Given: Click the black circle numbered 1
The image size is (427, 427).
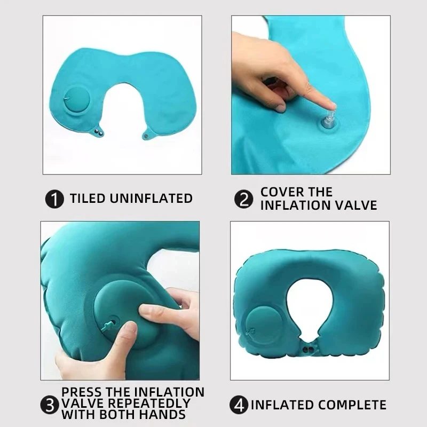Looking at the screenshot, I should point(54,199).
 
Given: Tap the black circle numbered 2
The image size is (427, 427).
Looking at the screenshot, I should point(243,200).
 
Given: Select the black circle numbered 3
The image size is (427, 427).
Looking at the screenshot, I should point(51,405).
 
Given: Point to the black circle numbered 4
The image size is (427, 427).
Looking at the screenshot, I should point(239,405).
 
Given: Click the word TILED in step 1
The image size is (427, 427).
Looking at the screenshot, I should point(88,199).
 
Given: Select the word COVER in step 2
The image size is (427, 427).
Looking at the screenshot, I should point(281,192).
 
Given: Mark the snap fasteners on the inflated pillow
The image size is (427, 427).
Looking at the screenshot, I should point(307,351).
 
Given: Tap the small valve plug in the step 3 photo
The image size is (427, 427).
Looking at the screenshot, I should point(109,323).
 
